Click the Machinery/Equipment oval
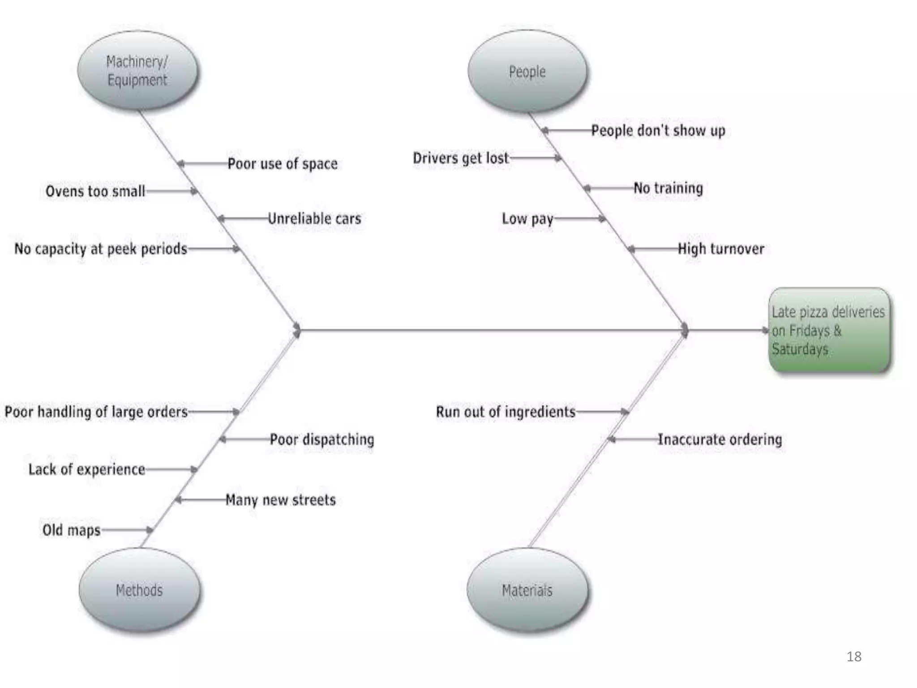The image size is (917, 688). pos(137,71)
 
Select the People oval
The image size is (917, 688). pos(527,71)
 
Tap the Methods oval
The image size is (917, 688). pos(139,590)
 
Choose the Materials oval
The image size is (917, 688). pos(527,590)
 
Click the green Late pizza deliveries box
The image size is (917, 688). pos(830,330)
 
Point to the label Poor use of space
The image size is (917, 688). pos(282,163)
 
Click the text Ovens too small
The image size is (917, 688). pos(95,191)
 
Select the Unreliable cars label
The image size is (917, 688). pos(314,219)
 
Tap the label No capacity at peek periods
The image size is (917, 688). pos(101,249)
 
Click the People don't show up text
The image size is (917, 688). pos(658,130)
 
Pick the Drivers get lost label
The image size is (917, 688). pos(461,158)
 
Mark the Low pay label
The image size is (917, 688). pos(527,219)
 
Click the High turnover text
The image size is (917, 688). pos(721,249)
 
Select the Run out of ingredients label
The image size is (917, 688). pos(506,412)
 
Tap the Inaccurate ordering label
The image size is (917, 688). pos(720,439)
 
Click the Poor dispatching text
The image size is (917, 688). pos(321,439)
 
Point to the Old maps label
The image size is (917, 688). pos(71,530)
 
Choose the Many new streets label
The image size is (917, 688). pos(280,499)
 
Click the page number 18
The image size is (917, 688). pos(854,657)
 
